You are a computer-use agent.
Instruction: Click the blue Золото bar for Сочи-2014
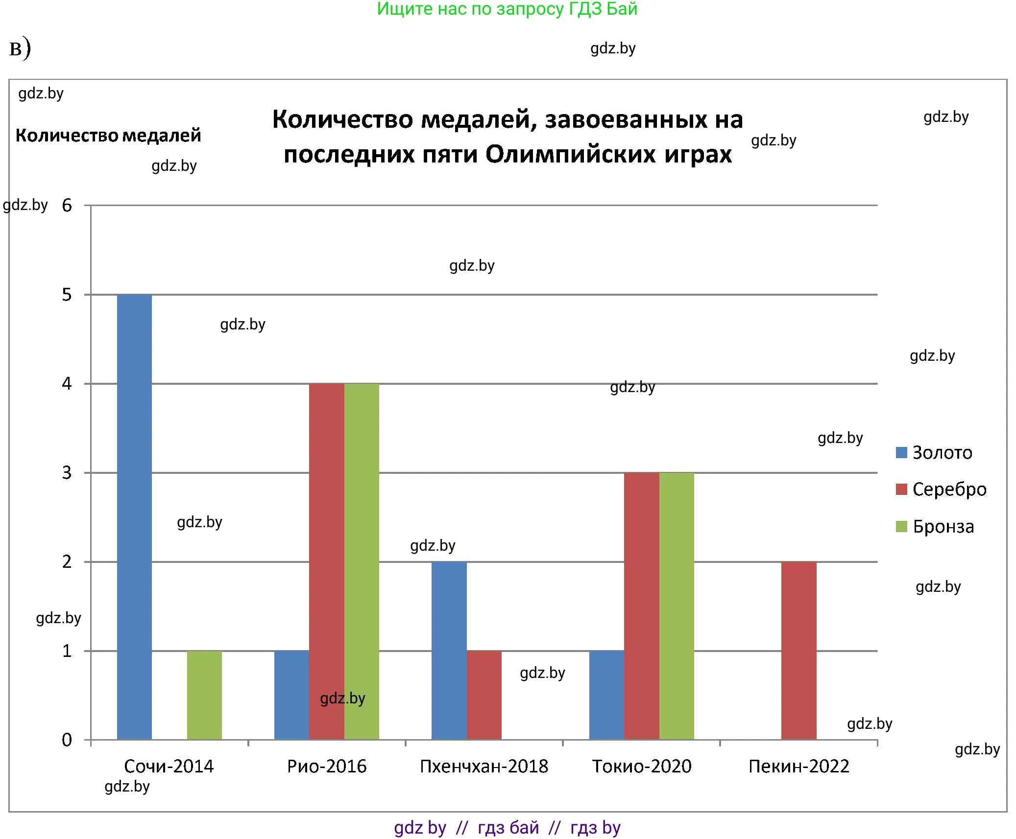pyautogui.click(x=134, y=516)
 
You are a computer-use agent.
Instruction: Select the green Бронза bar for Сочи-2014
pyautogui.click(x=204, y=695)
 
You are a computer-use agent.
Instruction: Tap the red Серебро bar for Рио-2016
pyautogui.click(x=327, y=561)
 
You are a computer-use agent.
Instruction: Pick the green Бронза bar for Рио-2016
pyautogui.click(x=362, y=561)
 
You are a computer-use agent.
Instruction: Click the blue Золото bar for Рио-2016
pyautogui.click(x=291, y=695)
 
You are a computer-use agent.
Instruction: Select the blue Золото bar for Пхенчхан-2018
pyautogui.click(x=449, y=651)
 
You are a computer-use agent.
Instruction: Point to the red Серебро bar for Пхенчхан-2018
pyautogui.click(x=484, y=695)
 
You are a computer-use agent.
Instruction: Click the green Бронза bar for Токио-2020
pyautogui.click(x=677, y=606)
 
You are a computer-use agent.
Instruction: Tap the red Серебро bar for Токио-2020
pyautogui.click(x=641, y=606)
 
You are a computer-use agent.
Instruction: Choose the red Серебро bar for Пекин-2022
pyautogui.click(x=798, y=651)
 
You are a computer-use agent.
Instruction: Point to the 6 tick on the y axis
pyautogui.click(x=67, y=206)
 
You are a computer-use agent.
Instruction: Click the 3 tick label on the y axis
pyautogui.click(x=67, y=473)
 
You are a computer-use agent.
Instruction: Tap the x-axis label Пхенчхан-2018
pyautogui.click(x=484, y=766)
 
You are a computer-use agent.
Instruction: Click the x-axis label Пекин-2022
pyautogui.click(x=798, y=766)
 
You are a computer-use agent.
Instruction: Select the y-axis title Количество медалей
pyautogui.click(x=108, y=136)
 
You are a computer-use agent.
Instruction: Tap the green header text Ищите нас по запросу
pyautogui.click(x=470, y=9)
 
